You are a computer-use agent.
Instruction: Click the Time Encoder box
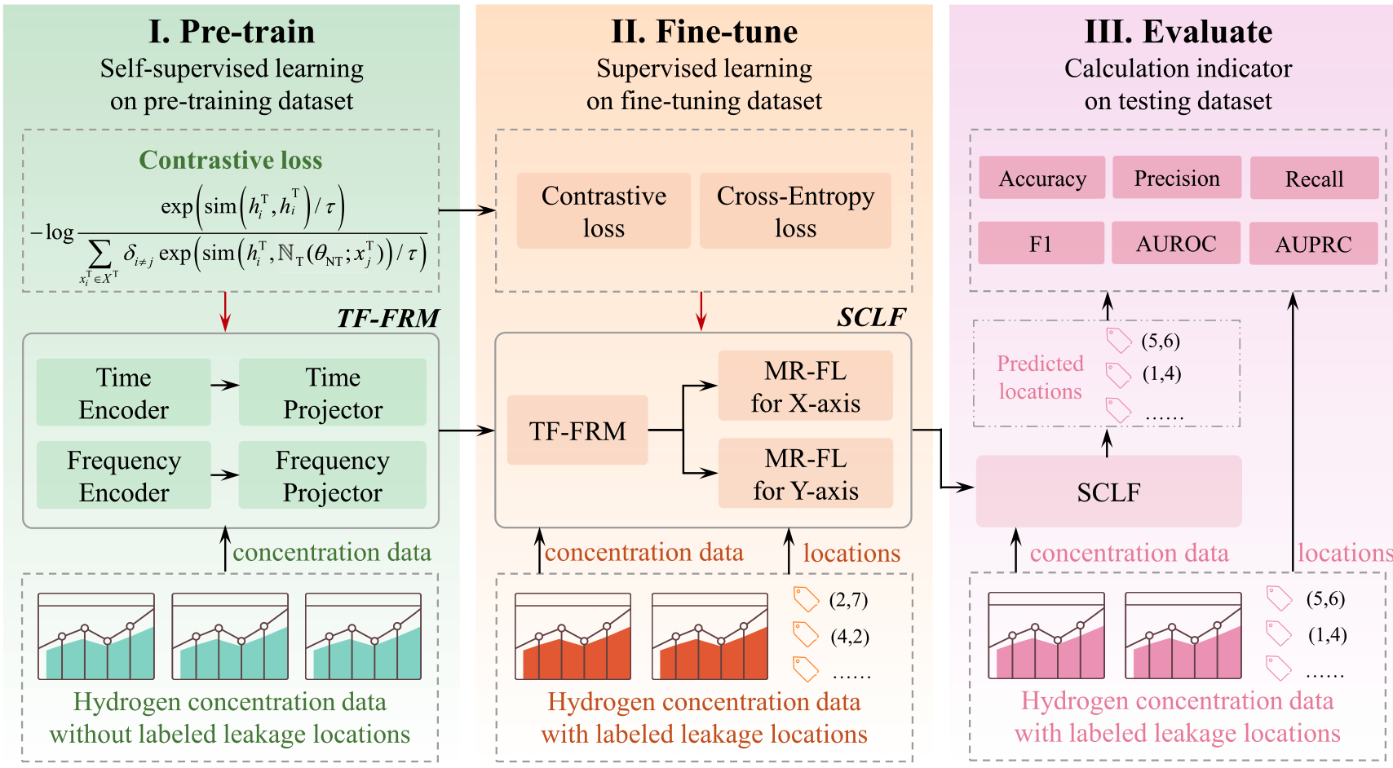123,392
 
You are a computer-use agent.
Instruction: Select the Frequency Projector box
332,475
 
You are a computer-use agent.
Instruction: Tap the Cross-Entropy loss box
795,210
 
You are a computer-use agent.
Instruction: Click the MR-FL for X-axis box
805,386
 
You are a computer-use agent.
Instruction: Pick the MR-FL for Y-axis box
805,474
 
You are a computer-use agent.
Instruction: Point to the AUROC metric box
1176,243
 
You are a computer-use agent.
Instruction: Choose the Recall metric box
1313,178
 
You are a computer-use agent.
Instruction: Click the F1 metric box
1040,243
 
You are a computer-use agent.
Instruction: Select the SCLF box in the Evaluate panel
1108,491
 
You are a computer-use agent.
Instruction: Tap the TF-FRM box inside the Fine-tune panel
577,430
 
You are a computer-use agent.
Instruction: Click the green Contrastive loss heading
231,159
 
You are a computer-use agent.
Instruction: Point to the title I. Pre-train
232,31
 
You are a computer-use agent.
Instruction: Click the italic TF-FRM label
388,317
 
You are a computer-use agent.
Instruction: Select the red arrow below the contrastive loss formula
226,311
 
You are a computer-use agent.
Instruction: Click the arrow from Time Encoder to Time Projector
224,385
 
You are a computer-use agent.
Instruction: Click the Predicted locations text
1040,377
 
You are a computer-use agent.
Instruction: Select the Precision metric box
1176,178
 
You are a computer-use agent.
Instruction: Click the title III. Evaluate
1178,31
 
